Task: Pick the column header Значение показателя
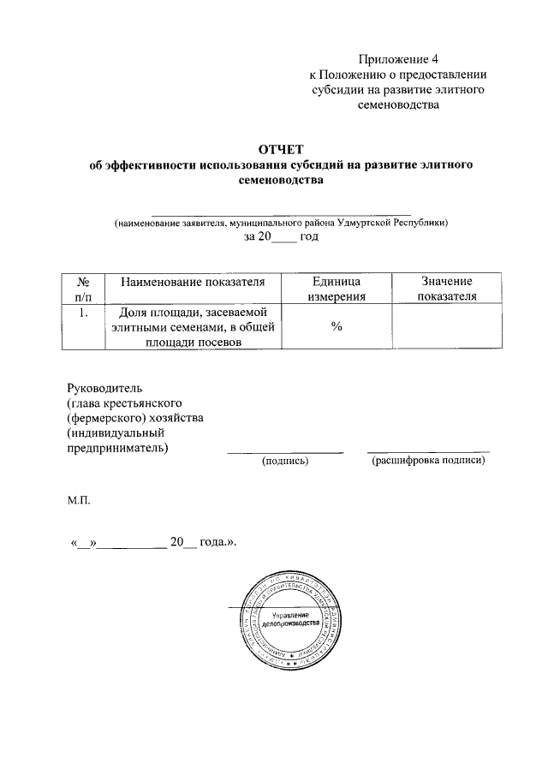(446, 289)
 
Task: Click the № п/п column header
(84, 289)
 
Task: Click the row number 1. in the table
(84, 313)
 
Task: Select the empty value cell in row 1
(446, 328)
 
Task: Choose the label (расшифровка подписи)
(428, 461)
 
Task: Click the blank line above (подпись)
(284, 450)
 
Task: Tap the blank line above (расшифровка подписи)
(428, 450)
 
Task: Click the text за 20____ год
(281, 236)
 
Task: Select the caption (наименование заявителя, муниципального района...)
(281, 222)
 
